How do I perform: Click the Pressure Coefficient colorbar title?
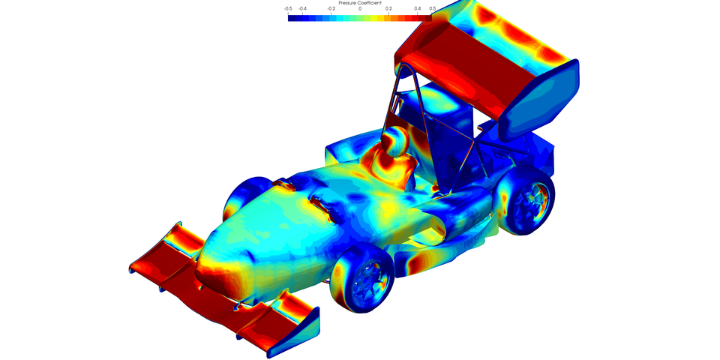[360, 3]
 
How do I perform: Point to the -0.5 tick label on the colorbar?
[289, 9]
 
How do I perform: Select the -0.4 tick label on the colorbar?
[303, 9]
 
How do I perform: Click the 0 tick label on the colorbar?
[360, 9]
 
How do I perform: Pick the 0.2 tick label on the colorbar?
[389, 9]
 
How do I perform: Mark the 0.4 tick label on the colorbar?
[418, 9]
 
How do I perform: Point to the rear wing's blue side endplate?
[541, 101]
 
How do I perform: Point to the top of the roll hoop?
[406, 66]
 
